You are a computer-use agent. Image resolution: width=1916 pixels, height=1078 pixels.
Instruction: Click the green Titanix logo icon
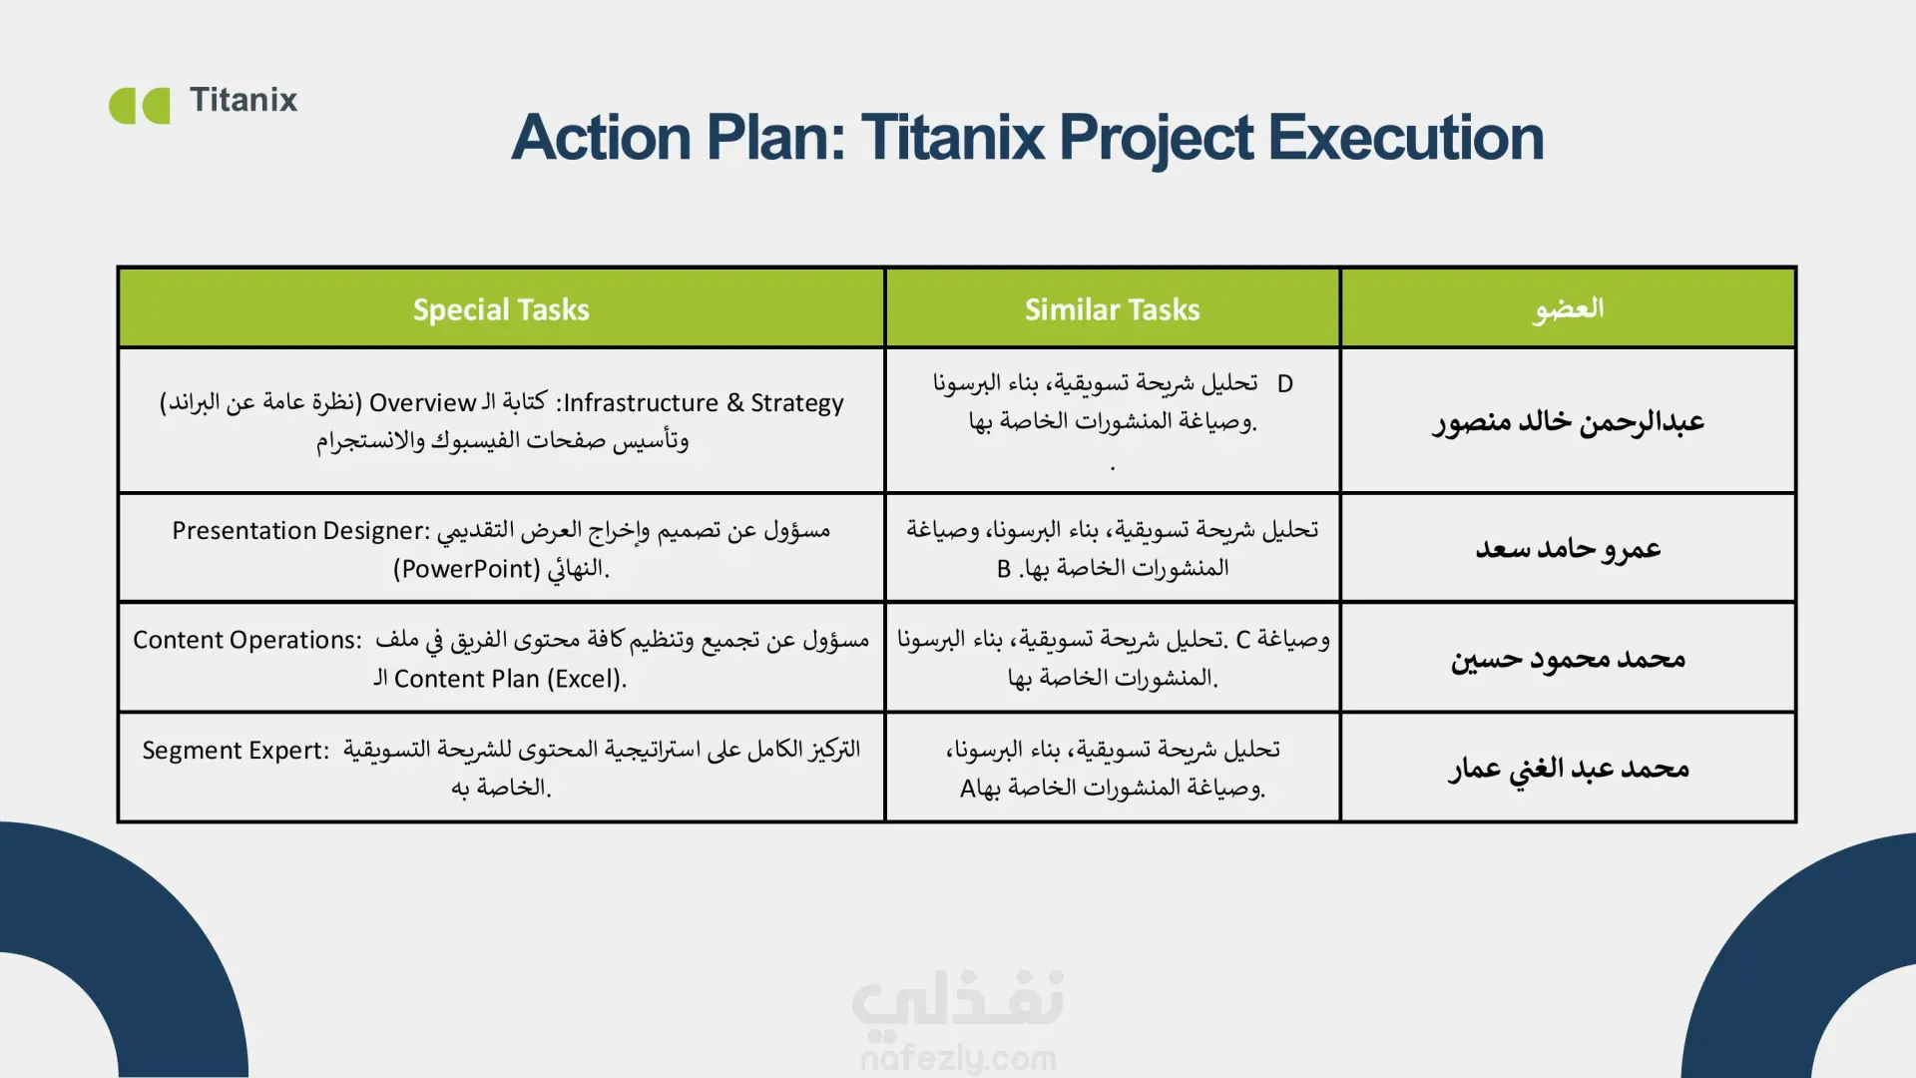pos(139,106)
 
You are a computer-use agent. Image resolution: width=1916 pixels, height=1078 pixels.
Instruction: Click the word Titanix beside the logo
pos(243,100)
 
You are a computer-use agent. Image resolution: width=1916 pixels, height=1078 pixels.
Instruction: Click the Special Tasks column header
pos(501,309)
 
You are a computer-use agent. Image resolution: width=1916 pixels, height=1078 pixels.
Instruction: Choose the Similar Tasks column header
pos(1112,309)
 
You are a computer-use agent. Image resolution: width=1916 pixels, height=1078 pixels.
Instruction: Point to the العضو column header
pos(1569,308)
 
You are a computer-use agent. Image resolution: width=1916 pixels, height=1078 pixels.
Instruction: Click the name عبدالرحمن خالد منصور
pos(1569,422)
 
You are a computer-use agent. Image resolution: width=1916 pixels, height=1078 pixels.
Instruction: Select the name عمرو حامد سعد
pos(1569,548)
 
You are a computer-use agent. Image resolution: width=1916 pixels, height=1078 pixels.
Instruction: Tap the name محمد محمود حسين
pos(1569,659)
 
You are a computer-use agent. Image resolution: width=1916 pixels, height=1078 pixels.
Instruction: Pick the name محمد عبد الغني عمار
pos(1569,769)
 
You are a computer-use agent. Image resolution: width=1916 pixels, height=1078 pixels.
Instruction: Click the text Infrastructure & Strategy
pos(704,403)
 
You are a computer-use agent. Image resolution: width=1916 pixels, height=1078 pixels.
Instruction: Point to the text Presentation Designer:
pos(300,531)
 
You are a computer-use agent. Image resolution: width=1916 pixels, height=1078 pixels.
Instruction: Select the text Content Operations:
pos(247,640)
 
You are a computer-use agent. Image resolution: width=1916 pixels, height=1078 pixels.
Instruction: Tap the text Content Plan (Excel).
pos(510,679)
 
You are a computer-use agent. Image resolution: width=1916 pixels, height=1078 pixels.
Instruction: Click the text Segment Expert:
pos(236,751)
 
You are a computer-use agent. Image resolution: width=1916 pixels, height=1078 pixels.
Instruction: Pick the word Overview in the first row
pos(422,403)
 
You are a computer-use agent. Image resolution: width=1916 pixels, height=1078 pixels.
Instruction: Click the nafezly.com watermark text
pos(958,1058)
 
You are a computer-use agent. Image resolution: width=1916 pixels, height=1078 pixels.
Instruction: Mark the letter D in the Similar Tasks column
pos(1285,384)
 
